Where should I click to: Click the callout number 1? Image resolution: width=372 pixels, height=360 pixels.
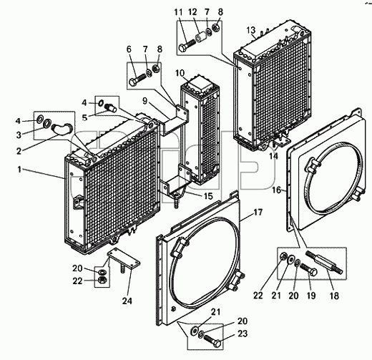pyautogui.click(x=19, y=170)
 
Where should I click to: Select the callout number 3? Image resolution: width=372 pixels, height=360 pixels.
pyautogui.click(x=19, y=135)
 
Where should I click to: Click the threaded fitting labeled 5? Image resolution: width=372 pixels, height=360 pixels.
pyautogui.click(x=111, y=107)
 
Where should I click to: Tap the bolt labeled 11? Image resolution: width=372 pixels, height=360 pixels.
pyautogui.click(x=187, y=46)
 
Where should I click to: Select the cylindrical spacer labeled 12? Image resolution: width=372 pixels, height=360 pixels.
pyautogui.click(x=200, y=37)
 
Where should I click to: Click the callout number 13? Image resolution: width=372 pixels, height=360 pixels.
pyautogui.click(x=251, y=31)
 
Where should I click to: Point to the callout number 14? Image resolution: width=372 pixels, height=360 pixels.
pyautogui.click(x=273, y=156)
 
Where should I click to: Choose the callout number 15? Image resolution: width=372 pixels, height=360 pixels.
pyautogui.click(x=208, y=196)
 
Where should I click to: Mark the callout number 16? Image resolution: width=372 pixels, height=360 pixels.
pyautogui.click(x=277, y=190)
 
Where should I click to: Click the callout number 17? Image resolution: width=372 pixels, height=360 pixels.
pyautogui.click(x=258, y=212)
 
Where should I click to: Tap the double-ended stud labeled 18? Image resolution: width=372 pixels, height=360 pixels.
pyautogui.click(x=325, y=261)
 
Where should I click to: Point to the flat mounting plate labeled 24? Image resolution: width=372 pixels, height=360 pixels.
pyautogui.click(x=124, y=260)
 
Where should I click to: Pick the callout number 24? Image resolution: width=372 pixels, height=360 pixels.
pyautogui.click(x=127, y=301)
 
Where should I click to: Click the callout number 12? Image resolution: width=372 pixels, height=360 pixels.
pyautogui.click(x=192, y=11)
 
